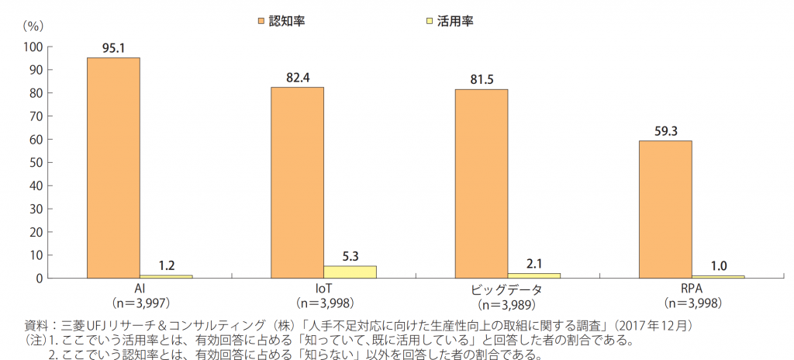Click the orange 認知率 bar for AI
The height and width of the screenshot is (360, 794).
[113, 168]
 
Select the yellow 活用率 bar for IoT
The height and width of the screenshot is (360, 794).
[350, 272]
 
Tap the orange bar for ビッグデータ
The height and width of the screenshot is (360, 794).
[481, 183]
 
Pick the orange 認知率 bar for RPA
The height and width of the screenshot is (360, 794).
[665, 209]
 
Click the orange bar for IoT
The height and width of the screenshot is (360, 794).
[297, 182]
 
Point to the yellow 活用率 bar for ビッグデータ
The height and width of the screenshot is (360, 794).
[533, 275]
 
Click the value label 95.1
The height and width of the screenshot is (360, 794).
[113, 47]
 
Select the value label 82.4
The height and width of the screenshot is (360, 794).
[297, 77]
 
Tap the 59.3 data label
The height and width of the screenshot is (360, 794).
[665, 130]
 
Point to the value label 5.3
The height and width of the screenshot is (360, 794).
[350, 255]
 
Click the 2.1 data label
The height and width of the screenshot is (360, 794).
[533, 263]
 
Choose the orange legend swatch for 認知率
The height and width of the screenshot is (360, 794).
[261, 20]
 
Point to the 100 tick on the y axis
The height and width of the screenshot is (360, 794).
[33, 47]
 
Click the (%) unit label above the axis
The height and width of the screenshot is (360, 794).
[33, 24]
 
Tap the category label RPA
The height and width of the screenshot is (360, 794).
[692, 288]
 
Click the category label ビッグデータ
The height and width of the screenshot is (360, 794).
[507, 289]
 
